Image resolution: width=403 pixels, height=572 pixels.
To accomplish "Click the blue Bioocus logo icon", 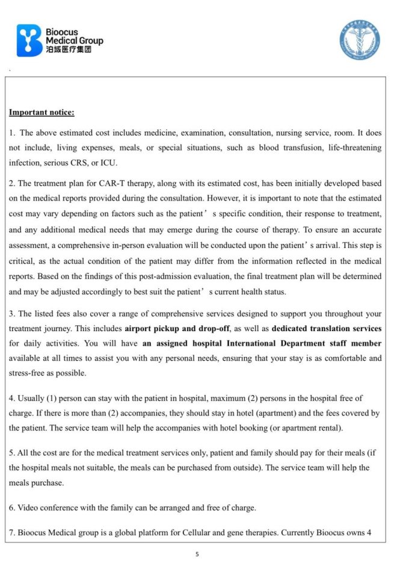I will (x=29, y=40).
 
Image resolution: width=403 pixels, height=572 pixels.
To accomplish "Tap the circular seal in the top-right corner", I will (x=359, y=40).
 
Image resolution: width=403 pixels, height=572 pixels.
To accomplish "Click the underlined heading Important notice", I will (x=42, y=112).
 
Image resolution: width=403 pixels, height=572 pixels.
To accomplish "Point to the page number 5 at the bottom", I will (x=197, y=555).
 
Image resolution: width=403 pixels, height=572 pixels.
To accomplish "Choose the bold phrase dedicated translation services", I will (x=327, y=329).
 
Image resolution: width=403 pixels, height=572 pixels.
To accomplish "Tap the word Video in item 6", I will (x=28, y=508).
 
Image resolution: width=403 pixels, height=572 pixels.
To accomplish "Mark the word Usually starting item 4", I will (x=31, y=398).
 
